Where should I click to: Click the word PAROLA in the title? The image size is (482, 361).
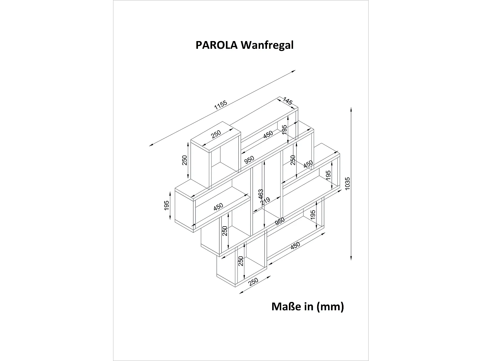coord(217,45)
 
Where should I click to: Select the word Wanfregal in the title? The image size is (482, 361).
coord(267,45)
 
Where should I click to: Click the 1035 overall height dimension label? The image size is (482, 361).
coord(347,184)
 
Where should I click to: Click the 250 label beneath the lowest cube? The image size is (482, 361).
coord(254,282)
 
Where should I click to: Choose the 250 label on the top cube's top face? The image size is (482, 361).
coord(216,134)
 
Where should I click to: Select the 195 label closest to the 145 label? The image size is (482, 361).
coord(284,130)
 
